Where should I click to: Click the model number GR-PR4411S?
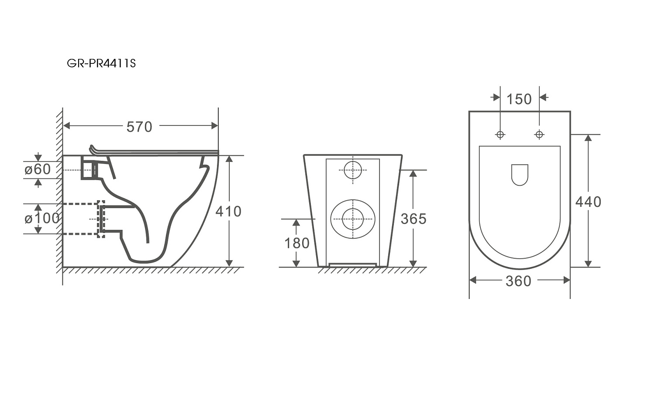point(101,63)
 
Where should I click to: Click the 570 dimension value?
point(139,127)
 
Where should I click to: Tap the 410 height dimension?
point(228,211)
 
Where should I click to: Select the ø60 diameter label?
point(38,169)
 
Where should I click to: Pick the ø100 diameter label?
point(42,219)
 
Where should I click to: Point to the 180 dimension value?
point(297,243)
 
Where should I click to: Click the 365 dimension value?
point(414,219)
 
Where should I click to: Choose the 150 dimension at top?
point(519,99)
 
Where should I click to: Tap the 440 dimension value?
point(588,202)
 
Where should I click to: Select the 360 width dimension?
point(518,281)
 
